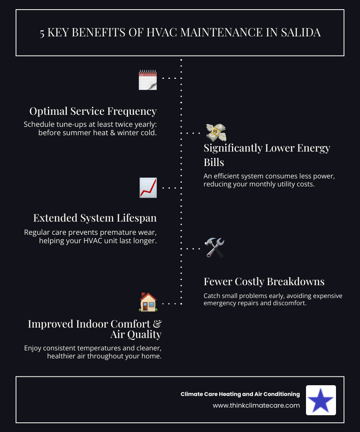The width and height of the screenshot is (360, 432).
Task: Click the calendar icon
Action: (148, 80)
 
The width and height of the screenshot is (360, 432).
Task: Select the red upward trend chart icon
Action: (148, 188)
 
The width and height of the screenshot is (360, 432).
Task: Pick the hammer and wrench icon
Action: (214, 248)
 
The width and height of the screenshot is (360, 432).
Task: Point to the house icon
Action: (148, 302)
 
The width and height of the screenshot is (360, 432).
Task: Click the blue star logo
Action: (321, 400)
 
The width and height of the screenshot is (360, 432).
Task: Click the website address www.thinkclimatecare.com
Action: (256, 405)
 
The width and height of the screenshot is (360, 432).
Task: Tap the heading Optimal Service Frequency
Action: (93, 111)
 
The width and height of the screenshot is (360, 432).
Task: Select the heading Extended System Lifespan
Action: (95, 218)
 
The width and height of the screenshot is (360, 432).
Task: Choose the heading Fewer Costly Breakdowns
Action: (264, 282)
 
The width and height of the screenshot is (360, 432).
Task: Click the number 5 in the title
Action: (42, 33)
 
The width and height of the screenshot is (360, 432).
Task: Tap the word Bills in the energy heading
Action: (214, 162)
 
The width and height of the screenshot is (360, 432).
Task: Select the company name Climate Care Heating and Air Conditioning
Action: (240, 394)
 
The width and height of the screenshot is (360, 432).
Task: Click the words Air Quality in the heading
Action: (136, 334)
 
